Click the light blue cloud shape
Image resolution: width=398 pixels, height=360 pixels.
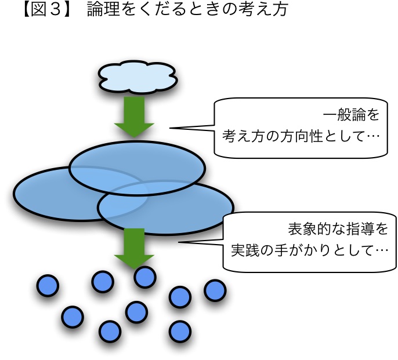138,77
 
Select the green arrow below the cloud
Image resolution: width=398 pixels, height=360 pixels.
134,117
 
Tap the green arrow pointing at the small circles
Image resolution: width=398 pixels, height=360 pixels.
134,248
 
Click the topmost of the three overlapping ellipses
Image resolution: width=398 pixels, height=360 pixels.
137,168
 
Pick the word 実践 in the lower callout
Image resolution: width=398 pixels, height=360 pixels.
245,250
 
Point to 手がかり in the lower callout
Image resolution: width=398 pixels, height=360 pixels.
301,250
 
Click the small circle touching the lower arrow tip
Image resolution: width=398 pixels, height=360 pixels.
144,277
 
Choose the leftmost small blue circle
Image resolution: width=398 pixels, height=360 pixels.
48,286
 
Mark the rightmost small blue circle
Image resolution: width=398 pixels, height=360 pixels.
215,290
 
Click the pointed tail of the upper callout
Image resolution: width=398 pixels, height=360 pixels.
170,128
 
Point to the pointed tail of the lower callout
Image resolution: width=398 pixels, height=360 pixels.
179,242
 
